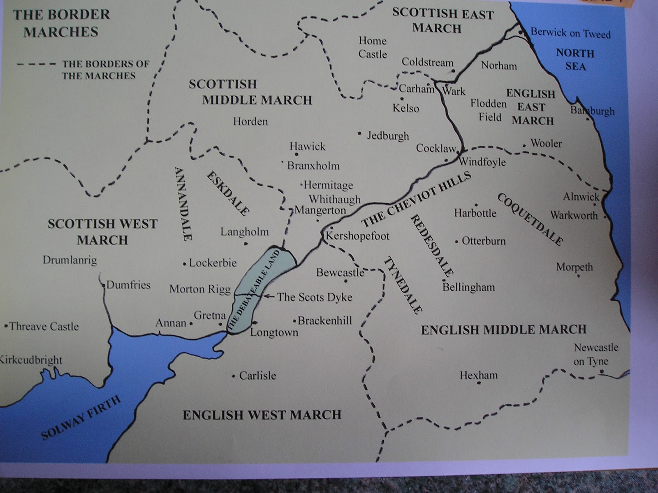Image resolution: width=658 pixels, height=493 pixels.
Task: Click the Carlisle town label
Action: tap(257, 376)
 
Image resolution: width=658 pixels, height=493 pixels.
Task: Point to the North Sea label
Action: tap(575, 60)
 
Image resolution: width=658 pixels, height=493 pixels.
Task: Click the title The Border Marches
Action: tap(61, 23)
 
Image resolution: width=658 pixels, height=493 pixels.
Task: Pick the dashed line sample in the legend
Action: tap(36, 64)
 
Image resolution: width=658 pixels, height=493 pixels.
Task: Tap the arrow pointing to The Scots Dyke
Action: tap(269, 296)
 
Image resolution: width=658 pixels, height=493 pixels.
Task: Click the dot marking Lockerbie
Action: tap(185, 264)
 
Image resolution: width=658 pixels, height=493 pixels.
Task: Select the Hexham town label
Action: tap(478, 375)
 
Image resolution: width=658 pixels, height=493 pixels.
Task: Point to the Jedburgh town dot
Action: tap(359, 133)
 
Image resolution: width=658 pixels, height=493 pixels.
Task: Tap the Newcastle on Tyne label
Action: tap(595, 355)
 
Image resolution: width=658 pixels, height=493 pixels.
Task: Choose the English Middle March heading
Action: tap(503, 329)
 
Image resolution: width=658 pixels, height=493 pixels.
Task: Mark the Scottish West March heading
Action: tap(102, 231)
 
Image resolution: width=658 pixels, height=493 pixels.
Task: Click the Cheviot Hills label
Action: tap(416, 199)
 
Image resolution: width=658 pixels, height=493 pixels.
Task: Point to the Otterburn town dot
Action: tap(456, 242)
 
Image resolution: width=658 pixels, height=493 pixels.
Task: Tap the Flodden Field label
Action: tap(489, 110)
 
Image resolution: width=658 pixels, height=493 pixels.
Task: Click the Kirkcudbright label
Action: tap(31, 360)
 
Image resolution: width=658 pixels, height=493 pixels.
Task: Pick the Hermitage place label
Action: tap(328, 185)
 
